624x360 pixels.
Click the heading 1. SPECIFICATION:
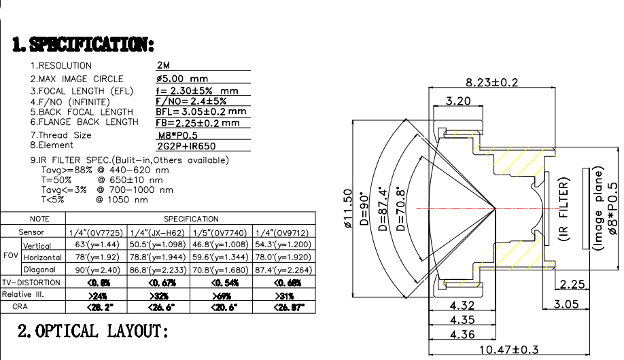tap(84, 45)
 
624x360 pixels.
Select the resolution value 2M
tap(163, 66)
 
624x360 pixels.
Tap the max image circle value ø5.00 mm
tap(182, 79)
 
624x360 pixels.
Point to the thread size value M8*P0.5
tap(177, 135)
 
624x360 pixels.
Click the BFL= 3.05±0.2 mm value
tap(201, 111)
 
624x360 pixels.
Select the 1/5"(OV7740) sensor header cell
tap(220, 233)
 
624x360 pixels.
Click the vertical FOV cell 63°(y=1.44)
tap(97, 245)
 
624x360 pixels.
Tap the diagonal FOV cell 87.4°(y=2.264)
tap(281, 270)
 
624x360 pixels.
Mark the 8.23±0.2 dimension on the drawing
tap(492, 82)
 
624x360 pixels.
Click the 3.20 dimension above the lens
tap(459, 102)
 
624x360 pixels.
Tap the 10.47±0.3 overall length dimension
tap(509, 349)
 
